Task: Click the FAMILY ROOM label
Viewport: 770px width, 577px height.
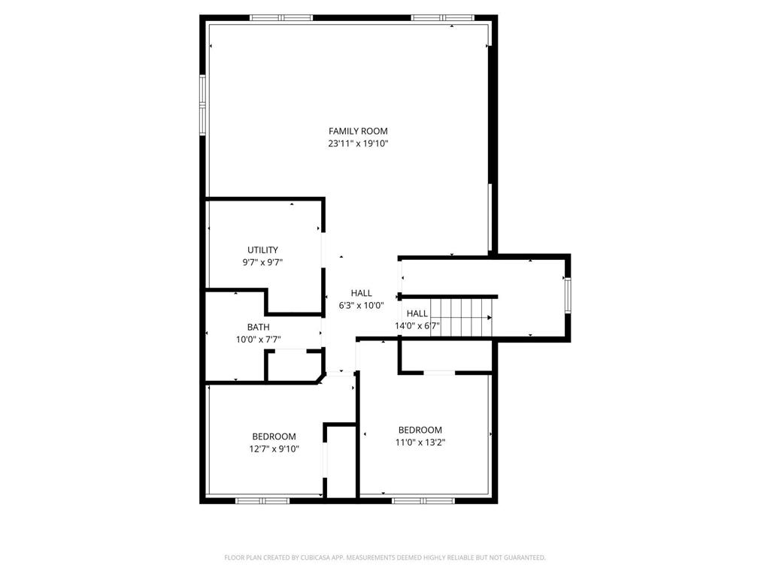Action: [x=358, y=131]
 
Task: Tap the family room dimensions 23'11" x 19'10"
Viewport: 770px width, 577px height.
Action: [x=358, y=143]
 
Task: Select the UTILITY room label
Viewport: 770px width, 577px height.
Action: [x=262, y=249]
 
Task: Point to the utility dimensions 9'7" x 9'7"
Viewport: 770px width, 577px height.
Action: [x=262, y=262]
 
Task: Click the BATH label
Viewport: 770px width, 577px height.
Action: [x=259, y=327]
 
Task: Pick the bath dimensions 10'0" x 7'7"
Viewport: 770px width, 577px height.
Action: [x=259, y=340]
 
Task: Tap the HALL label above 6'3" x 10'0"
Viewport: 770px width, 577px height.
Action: [x=362, y=293]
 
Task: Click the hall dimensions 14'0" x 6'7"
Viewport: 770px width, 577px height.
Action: [x=417, y=326]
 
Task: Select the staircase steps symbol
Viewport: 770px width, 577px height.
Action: [x=461, y=318]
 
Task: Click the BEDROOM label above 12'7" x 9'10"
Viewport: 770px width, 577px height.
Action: [x=274, y=437]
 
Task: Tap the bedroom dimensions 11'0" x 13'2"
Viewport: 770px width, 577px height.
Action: [x=420, y=443]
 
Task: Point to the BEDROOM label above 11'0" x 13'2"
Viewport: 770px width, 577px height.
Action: [x=420, y=430]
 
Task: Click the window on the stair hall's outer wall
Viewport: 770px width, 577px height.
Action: [x=568, y=295]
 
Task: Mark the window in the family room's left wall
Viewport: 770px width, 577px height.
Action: [x=202, y=104]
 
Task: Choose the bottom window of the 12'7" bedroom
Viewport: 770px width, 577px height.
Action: [x=262, y=500]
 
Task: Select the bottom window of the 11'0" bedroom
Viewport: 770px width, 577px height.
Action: [x=423, y=500]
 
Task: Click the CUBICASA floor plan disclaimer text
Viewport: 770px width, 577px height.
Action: [x=385, y=557]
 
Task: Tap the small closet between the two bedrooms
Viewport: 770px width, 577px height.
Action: [x=341, y=462]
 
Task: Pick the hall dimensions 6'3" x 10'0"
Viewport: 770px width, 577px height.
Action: [x=362, y=306]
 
